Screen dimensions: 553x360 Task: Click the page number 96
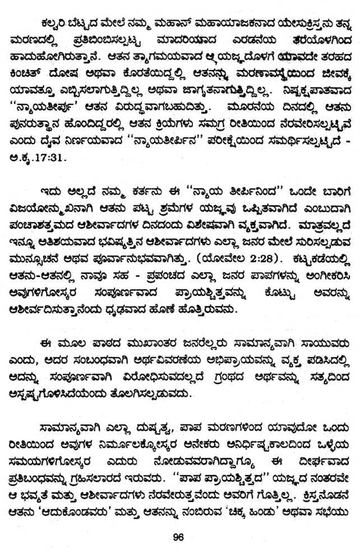coord(179,537)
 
